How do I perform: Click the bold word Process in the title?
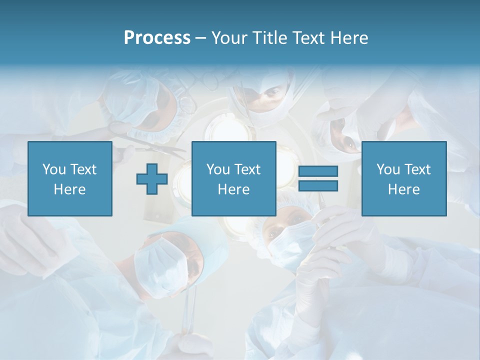157,38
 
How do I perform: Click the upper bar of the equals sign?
318,171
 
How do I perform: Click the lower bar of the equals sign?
318,185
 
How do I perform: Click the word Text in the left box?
83,169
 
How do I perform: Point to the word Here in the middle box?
233,189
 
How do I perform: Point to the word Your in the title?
227,38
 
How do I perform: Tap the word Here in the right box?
404,189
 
